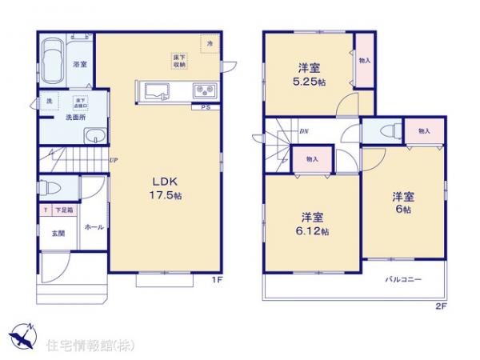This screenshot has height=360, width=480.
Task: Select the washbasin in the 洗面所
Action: click(x=92, y=135)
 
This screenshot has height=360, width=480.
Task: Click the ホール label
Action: click(x=92, y=226)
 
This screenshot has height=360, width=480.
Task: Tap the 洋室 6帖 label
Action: click(x=402, y=202)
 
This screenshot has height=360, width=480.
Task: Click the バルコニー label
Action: click(x=402, y=279)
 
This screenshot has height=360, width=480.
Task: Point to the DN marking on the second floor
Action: click(x=304, y=130)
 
